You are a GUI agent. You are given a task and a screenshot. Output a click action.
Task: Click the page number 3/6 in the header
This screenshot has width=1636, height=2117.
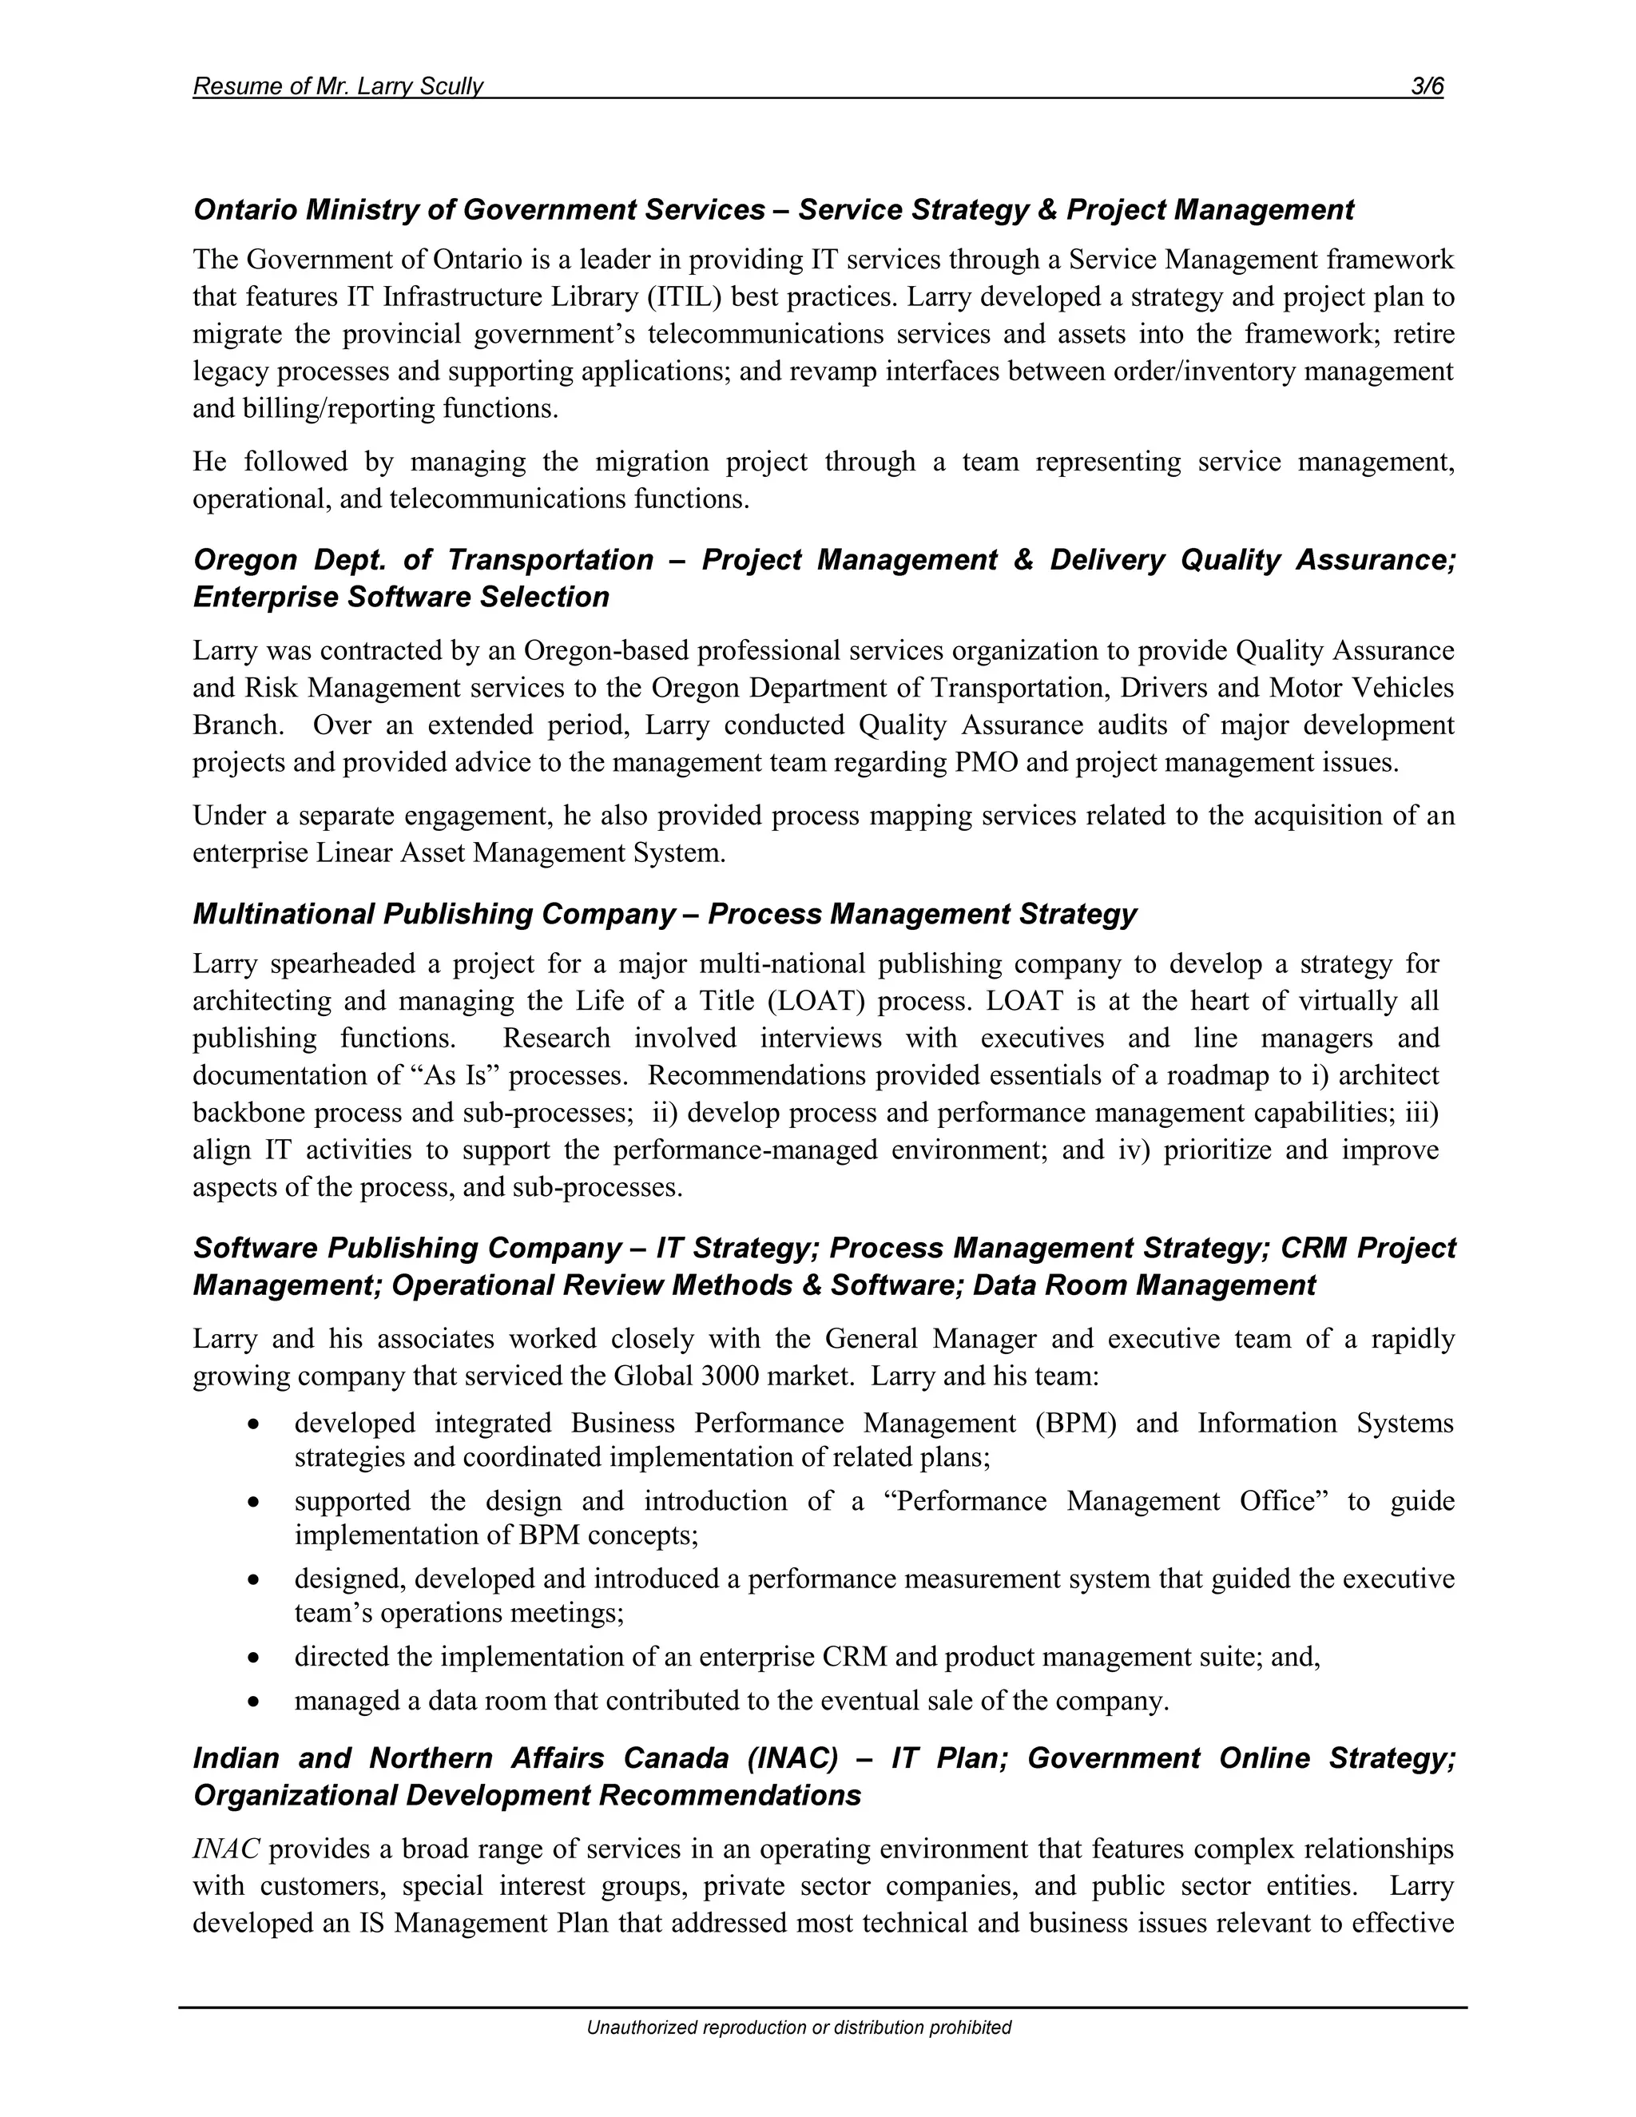[x=1427, y=86]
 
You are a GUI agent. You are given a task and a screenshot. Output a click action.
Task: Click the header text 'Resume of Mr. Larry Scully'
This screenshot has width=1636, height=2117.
[x=337, y=86]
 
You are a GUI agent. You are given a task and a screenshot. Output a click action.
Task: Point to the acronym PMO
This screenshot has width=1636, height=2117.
[x=986, y=763]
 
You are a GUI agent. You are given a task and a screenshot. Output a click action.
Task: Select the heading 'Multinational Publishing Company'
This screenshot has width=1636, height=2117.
[x=433, y=914]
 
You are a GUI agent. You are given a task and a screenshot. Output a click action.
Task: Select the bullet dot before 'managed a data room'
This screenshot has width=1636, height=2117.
[x=253, y=1701]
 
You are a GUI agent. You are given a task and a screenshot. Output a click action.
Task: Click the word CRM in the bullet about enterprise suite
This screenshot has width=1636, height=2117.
[x=855, y=1657]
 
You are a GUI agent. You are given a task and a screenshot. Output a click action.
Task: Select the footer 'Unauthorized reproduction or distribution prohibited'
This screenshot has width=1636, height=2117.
[x=799, y=2028]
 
